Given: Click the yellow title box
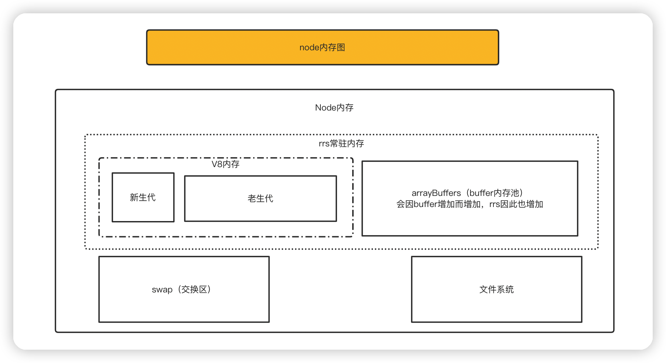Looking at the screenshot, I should coord(222,47).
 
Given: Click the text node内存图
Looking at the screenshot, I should coord(322,48).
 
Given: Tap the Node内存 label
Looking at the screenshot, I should coord(334,108).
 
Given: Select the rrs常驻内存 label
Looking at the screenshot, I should coord(341,143).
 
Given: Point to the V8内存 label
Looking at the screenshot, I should coord(225,164).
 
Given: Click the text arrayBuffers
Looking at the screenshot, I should coord(436,193).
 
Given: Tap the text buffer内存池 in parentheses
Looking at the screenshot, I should coord(495,193).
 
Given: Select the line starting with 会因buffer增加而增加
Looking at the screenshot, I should coord(469,204).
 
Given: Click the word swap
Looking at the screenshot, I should coord(162,290).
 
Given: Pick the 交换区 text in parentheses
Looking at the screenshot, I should coord(194,289).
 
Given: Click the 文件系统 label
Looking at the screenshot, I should coord(496,289).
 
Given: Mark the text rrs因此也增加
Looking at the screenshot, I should coord(516,204).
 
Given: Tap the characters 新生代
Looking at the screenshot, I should coord(143,197).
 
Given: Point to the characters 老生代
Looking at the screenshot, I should coord(261,199).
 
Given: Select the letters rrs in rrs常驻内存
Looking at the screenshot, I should coord(324,144).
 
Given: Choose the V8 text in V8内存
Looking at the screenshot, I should coord(217,164).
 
